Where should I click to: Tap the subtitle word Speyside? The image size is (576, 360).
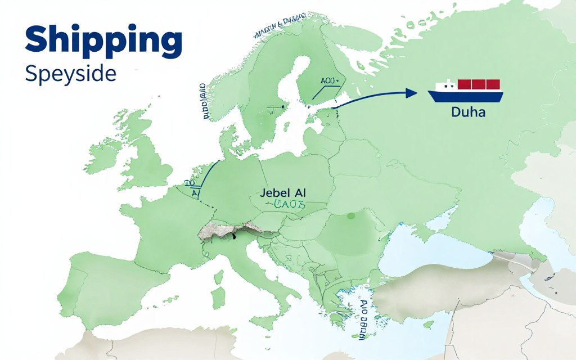[x=70, y=74]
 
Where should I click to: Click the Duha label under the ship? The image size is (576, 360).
[x=468, y=112]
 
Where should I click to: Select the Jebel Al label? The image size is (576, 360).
[x=283, y=192]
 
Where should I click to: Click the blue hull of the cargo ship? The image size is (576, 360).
[x=466, y=96]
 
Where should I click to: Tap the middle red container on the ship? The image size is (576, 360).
[x=479, y=84]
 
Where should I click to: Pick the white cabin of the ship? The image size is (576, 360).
[x=446, y=86]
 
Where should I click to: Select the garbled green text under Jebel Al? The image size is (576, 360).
[x=286, y=205]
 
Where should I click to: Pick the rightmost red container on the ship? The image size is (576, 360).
[x=493, y=84]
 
